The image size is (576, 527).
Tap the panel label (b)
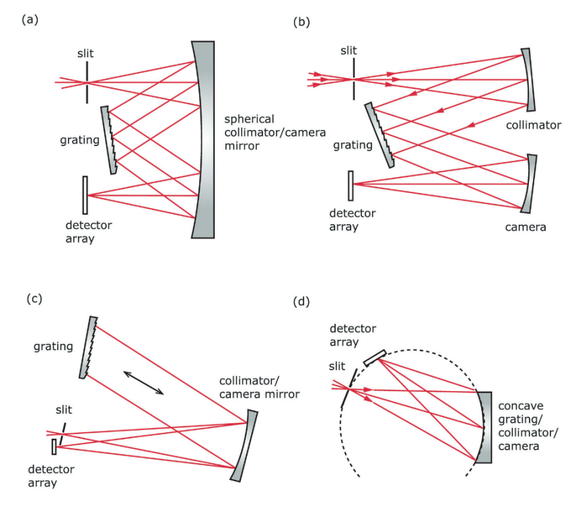pyautogui.click(x=301, y=22)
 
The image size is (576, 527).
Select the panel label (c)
pyautogui.click(x=34, y=298)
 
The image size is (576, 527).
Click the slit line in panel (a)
pyautogui.click(x=87, y=84)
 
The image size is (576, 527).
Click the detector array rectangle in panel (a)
pyautogui.click(x=85, y=194)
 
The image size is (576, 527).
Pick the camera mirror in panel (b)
pyautogui.click(x=530, y=182)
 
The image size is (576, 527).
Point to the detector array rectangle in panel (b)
pyautogui.click(x=351, y=185)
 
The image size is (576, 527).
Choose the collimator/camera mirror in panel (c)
pyautogui.click(x=244, y=445)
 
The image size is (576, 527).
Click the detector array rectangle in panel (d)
pyautogui.click(x=374, y=357)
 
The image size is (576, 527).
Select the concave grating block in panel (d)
pyautogui.click(x=483, y=427)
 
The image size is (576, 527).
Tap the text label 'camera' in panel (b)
pyautogui.click(x=526, y=227)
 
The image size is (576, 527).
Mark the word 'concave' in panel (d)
pyautogui.click(x=520, y=407)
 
